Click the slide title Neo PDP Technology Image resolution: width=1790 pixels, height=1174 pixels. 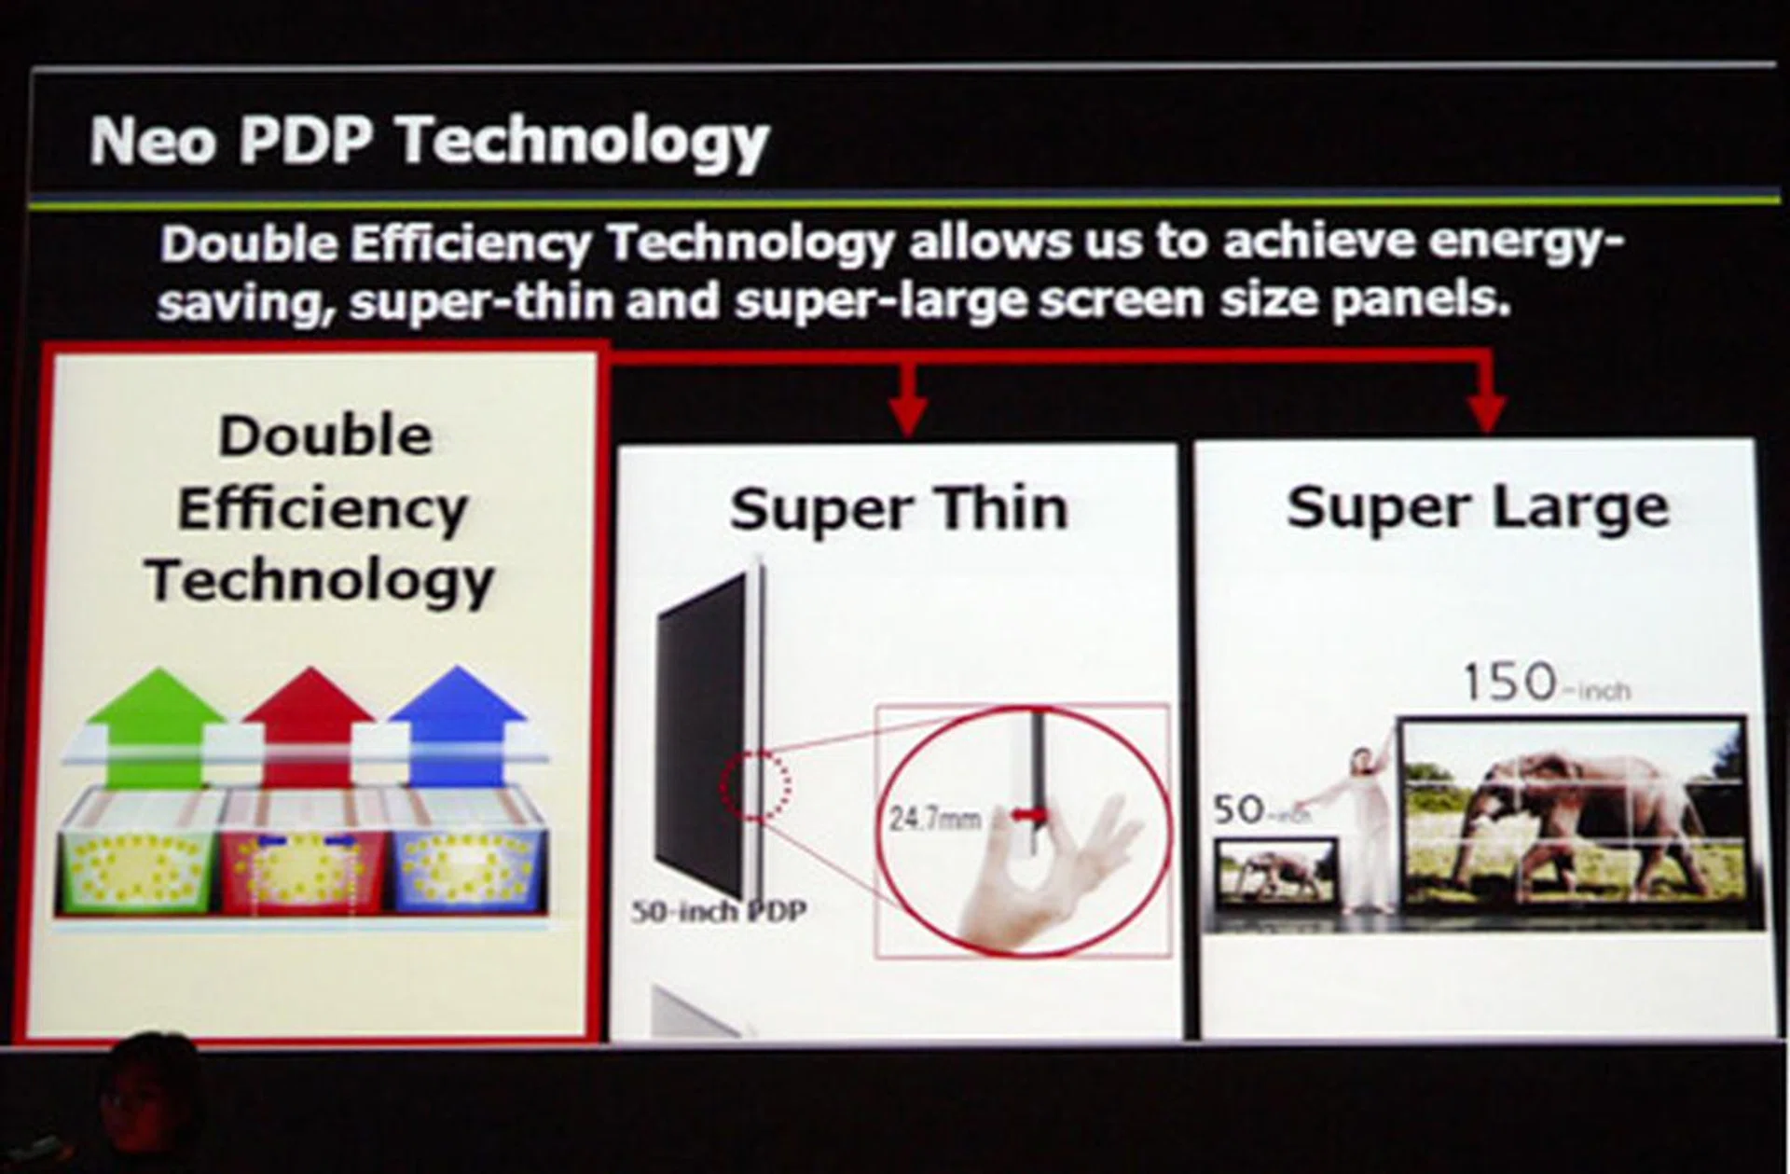tap(429, 142)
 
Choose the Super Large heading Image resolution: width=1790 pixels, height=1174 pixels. tap(1477, 507)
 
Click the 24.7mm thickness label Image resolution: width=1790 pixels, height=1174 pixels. tap(934, 819)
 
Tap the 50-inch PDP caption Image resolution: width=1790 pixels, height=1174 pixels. tap(718, 911)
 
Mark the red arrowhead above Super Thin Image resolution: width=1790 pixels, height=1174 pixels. tap(908, 416)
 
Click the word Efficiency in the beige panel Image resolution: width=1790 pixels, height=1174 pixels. tap(323, 509)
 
